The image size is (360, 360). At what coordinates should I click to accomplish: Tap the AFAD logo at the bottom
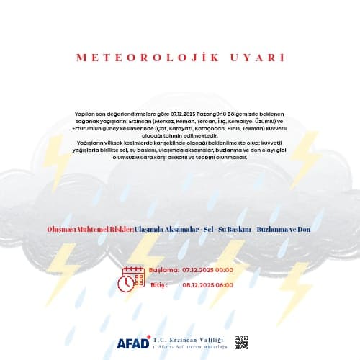(x=132, y=343)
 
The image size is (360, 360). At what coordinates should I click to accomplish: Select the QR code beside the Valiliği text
(x=241, y=343)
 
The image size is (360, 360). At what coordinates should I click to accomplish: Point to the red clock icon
(x=125, y=284)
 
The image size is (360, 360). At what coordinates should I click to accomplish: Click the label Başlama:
(x=164, y=269)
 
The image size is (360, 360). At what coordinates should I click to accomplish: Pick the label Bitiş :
(x=159, y=284)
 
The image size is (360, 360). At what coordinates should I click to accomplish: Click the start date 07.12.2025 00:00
(x=208, y=269)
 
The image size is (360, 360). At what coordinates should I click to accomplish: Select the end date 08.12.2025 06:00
(x=208, y=284)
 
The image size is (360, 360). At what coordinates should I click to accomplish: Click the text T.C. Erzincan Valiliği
(x=189, y=339)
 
